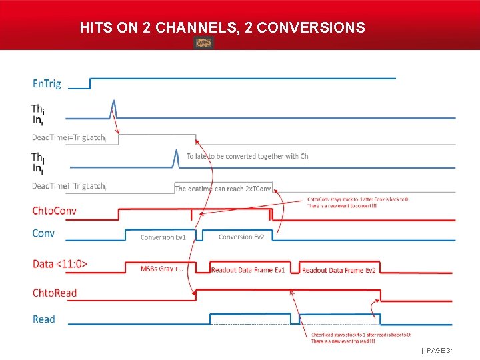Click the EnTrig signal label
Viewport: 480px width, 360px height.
point(47,84)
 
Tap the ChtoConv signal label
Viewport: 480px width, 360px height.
point(54,211)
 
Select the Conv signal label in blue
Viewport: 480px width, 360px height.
point(43,233)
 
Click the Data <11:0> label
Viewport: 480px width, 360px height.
point(60,264)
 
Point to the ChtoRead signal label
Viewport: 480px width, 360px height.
point(55,293)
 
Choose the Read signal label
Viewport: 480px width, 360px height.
point(44,319)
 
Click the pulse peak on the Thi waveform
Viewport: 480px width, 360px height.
point(114,102)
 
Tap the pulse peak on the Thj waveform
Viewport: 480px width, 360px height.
point(176,151)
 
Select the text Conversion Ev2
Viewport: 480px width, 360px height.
point(241,237)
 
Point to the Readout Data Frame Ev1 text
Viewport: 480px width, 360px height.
point(248,270)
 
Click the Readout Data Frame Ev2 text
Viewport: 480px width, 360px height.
point(339,270)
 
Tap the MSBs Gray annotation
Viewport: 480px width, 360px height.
point(162,269)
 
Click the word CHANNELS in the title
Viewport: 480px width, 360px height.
point(197,28)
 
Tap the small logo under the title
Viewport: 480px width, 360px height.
point(203,43)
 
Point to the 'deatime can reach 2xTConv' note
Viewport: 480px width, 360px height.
point(223,189)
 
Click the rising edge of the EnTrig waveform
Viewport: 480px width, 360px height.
point(90,83)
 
